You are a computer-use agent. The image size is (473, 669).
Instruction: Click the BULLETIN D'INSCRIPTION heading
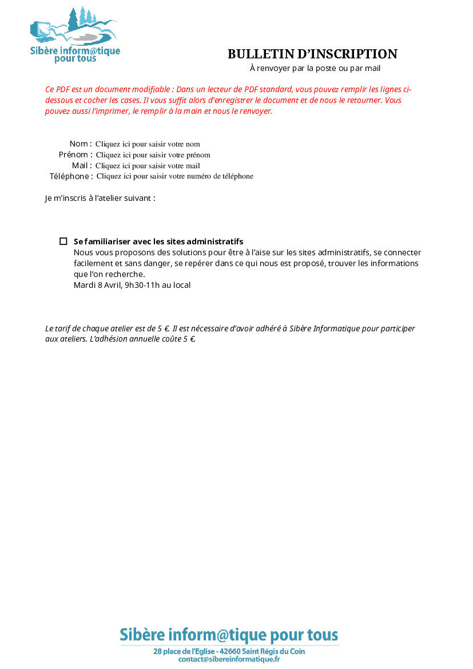click(312, 54)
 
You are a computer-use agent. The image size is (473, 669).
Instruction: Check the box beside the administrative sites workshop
click(63, 242)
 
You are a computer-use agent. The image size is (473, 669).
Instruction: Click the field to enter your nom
click(148, 144)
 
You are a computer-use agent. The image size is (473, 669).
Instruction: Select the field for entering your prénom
click(153, 155)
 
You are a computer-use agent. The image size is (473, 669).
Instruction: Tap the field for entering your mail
click(148, 166)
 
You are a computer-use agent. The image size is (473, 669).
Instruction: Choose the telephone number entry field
click(174, 176)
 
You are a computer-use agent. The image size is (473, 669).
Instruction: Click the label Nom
click(79, 144)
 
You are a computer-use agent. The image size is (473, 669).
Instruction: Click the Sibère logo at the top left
click(74, 35)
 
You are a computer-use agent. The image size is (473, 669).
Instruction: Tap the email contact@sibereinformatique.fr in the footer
click(229, 659)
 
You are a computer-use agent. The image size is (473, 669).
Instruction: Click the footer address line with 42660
click(229, 651)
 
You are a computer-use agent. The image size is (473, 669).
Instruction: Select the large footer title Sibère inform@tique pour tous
click(229, 635)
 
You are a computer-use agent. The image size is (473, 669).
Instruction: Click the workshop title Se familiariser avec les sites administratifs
click(158, 242)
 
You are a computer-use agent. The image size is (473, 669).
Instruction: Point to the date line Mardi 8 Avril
click(132, 285)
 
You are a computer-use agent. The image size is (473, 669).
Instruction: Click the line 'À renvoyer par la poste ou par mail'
click(315, 69)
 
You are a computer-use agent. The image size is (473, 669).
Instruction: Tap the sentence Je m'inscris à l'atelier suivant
click(100, 198)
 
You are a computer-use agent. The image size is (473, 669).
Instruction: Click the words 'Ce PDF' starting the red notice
click(55, 89)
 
